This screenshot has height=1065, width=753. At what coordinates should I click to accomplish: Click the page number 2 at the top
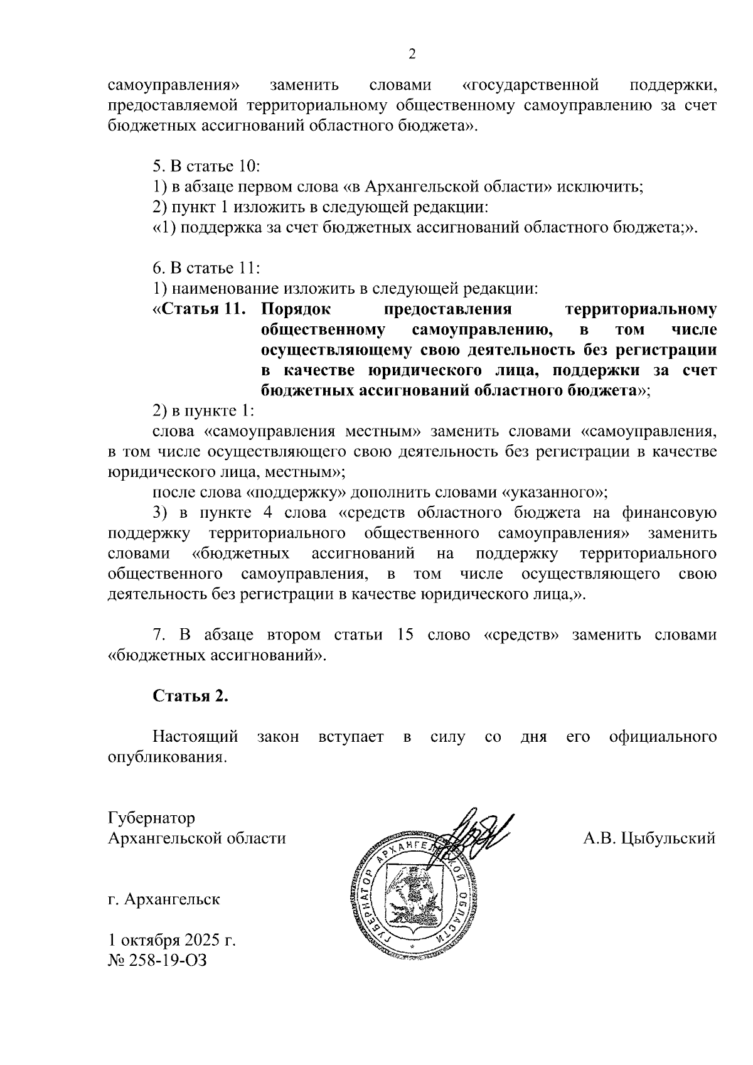point(412,55)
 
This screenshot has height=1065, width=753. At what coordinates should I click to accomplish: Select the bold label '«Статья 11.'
point(200,309)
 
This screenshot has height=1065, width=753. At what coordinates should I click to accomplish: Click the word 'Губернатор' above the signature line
point(151,818)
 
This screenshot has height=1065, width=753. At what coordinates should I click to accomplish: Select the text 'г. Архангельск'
point(164,899)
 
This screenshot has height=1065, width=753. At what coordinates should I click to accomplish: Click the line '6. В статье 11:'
point(206,268)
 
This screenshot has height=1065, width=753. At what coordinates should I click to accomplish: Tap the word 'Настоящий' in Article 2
point(196,737)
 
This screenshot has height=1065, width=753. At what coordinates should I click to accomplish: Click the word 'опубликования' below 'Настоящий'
point(166,757)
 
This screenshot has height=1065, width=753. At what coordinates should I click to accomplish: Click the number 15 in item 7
point(405,635)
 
